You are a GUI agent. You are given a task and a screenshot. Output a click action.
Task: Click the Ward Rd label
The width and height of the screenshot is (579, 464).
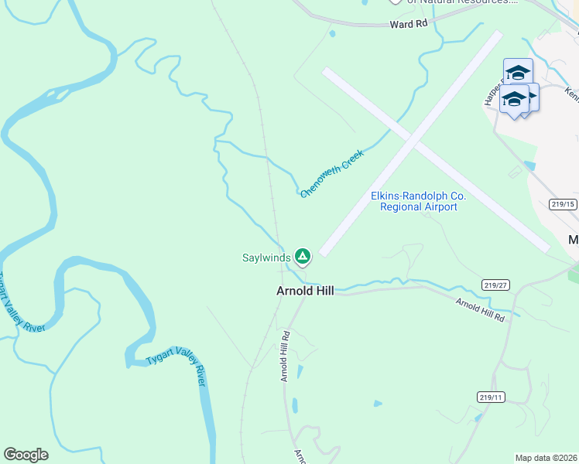[409, 24]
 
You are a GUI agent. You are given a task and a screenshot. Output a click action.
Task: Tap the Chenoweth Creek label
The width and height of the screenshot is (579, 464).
[331, 173]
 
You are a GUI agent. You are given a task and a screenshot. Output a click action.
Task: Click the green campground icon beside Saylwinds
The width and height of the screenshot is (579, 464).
[303, 256]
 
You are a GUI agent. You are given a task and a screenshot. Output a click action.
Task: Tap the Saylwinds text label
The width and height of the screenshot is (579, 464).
[266, 258]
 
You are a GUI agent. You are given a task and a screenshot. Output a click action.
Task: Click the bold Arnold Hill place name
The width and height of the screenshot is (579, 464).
[305, 292]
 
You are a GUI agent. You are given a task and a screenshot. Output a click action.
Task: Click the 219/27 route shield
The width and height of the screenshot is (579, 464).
[496, 285]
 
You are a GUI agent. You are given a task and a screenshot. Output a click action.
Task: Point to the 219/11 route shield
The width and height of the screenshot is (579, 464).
[491, 397]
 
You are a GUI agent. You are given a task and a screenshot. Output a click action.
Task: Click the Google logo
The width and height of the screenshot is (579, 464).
[26, 455]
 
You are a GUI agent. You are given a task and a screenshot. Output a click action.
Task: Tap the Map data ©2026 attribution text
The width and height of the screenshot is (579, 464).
[546, 458]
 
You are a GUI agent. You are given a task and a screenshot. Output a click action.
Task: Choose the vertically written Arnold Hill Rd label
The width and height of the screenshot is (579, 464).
[285, 357]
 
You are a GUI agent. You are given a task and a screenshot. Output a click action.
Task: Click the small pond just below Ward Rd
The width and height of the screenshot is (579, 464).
[332, 34]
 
